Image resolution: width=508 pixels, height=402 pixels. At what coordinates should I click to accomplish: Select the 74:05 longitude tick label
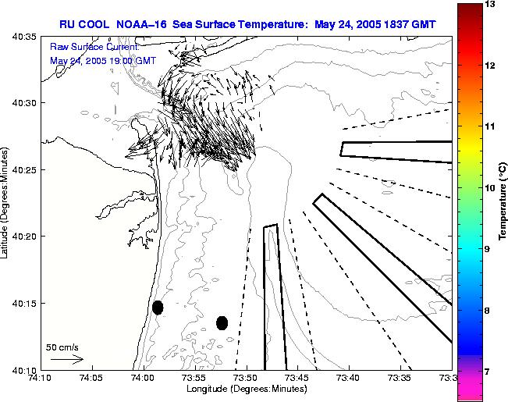[x=91, y=379]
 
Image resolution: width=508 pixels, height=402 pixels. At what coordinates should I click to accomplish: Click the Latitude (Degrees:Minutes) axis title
[x=6, y=202]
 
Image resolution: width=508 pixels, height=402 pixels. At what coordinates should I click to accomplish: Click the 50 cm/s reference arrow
[x=66, y=359]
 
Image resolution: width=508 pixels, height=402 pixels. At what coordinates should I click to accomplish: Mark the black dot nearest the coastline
[x=158, y=308]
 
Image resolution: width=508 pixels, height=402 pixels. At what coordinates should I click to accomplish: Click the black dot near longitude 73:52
[x=222, y=322]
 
